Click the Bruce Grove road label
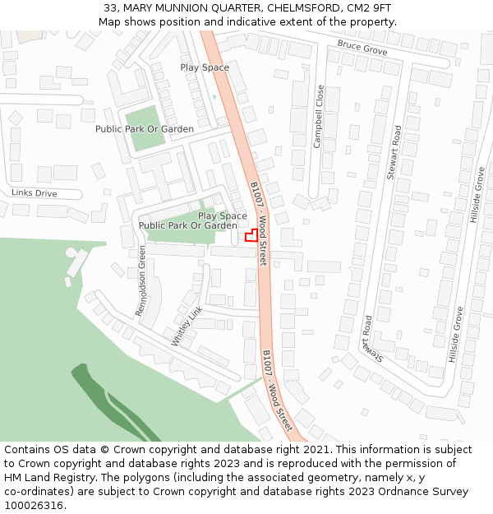pos(362,49)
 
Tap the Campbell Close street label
pos(319,116)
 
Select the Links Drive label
pos(35,193)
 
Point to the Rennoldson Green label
pos(141,280)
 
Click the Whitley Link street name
pos(187,326)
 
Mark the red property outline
pos(251,236)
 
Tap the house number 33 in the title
pos(110,7)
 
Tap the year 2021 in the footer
pos(317,450)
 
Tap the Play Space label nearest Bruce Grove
pos(205,67)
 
